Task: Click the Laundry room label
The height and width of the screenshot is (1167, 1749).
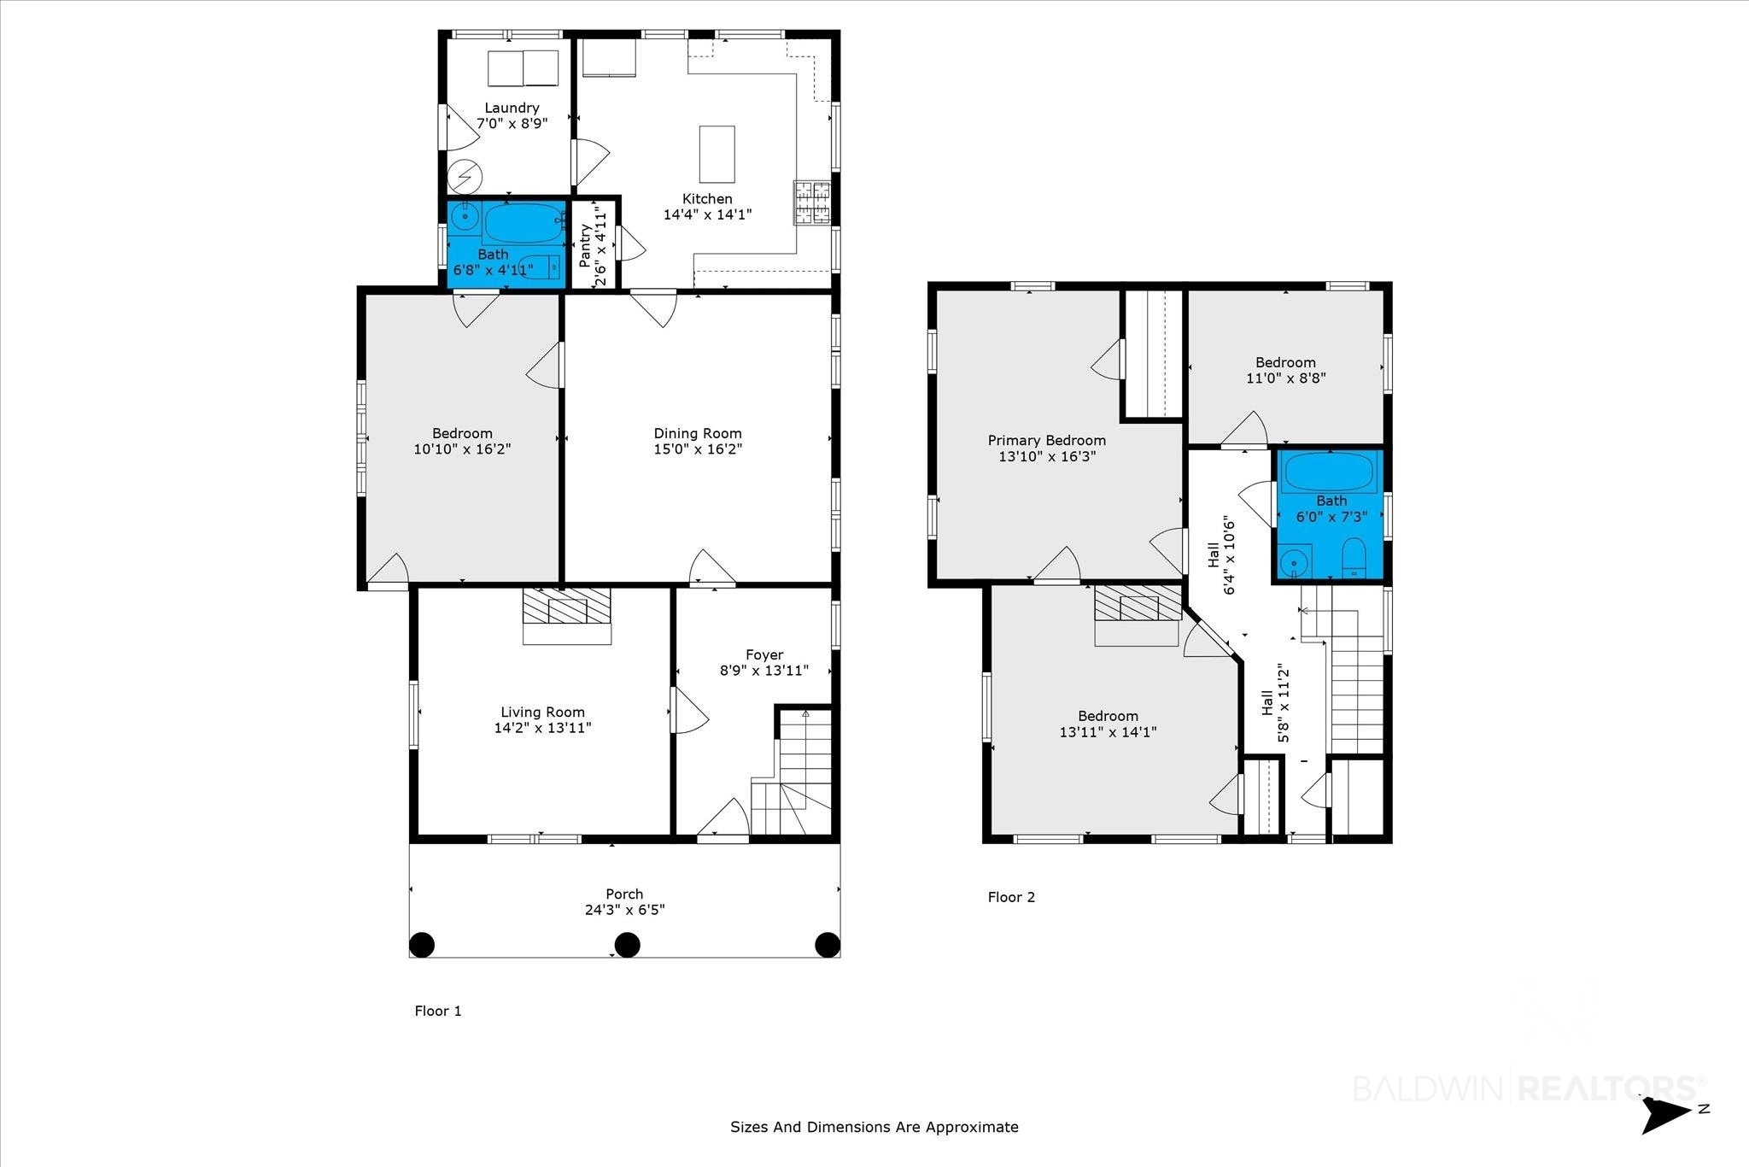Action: [512, 108]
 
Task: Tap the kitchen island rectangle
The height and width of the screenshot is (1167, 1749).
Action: [717, 154]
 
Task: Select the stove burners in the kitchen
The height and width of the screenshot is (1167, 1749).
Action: [812, 202]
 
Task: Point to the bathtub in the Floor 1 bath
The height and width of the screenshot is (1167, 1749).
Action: [524, 224]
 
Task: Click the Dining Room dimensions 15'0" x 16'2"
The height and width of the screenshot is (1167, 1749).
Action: [698, 449]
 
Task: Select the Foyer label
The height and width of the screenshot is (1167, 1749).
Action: [763, 655]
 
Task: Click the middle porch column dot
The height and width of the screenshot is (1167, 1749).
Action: [628, 944]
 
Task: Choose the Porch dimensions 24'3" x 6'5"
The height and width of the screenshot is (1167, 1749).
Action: [624, 910]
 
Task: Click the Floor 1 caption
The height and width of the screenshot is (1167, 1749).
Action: [438, 1011]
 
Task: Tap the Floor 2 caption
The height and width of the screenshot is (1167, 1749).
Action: [1011, 897]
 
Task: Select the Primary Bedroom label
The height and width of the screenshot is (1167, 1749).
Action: [1046, 440]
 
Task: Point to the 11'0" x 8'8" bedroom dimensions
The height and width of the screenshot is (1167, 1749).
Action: [1285, 378]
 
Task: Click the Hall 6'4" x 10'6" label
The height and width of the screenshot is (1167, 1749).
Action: [1221, 555]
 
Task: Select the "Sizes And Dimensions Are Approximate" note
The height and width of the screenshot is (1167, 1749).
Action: [874, 1127]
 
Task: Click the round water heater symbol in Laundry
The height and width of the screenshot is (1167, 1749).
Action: [466, 177]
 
